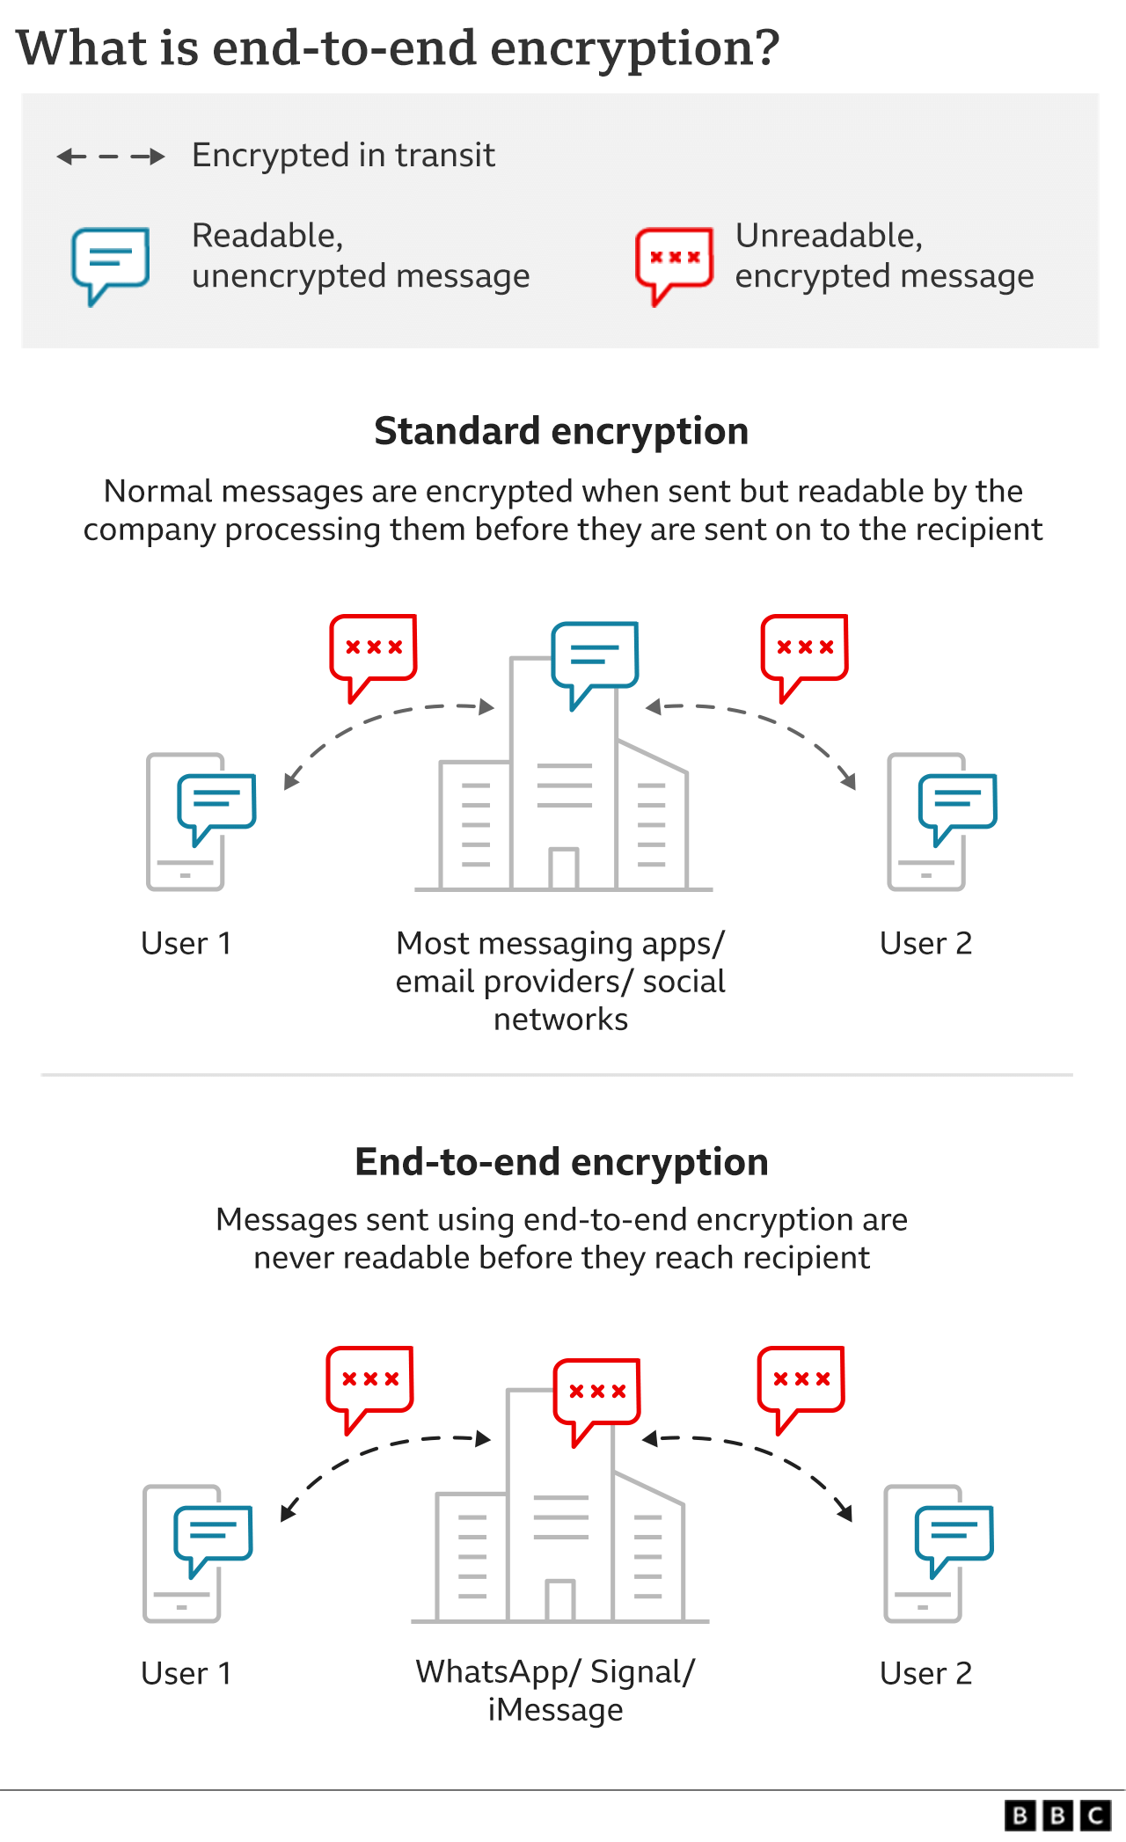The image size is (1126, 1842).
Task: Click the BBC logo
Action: point(1057,1815)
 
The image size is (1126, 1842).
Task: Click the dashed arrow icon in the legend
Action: point(111,157)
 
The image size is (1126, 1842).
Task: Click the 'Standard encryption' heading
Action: point(561,432)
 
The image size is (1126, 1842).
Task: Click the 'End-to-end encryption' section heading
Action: point(561,1162)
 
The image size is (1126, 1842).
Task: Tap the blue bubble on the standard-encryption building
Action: point(595,658)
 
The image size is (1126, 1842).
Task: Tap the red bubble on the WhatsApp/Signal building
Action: point(596,1394)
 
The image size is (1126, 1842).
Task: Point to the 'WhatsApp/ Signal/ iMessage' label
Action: point(555,1690)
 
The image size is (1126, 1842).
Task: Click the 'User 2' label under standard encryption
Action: point(925,943)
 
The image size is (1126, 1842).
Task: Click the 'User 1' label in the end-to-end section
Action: point(186,1673)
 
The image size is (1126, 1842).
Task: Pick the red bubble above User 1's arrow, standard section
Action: point(373,651)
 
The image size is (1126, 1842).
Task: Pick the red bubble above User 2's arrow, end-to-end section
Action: point(801,1383)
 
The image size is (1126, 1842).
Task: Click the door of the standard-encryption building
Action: point(563,868)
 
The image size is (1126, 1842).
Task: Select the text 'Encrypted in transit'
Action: point(343,156)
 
